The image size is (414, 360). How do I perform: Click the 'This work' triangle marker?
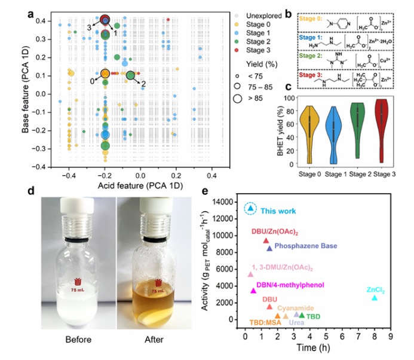pos(251,208)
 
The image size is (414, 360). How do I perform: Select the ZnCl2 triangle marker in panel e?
pos(375,297)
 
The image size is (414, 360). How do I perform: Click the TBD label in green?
pos(314,316)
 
